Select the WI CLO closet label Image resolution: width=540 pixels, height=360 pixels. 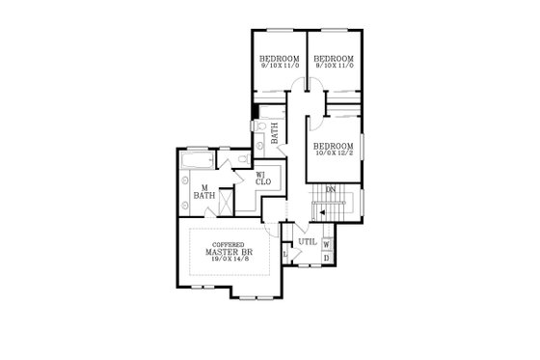(x=262, y=178)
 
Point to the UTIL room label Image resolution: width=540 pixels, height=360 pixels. (x=307, y=241)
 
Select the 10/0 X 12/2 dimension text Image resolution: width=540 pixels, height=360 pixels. (x=334, y=152)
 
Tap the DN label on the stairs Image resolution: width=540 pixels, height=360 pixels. (x=331, y=189)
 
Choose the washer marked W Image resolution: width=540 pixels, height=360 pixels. (x=327, y=243)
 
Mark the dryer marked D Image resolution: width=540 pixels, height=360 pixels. (x=327, y=258)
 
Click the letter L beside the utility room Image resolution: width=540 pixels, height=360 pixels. (x=285, y=254)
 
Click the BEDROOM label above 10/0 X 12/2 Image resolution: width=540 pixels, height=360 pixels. (x=334, y=144)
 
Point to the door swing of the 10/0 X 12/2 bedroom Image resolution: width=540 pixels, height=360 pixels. (x=317, y=124)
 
